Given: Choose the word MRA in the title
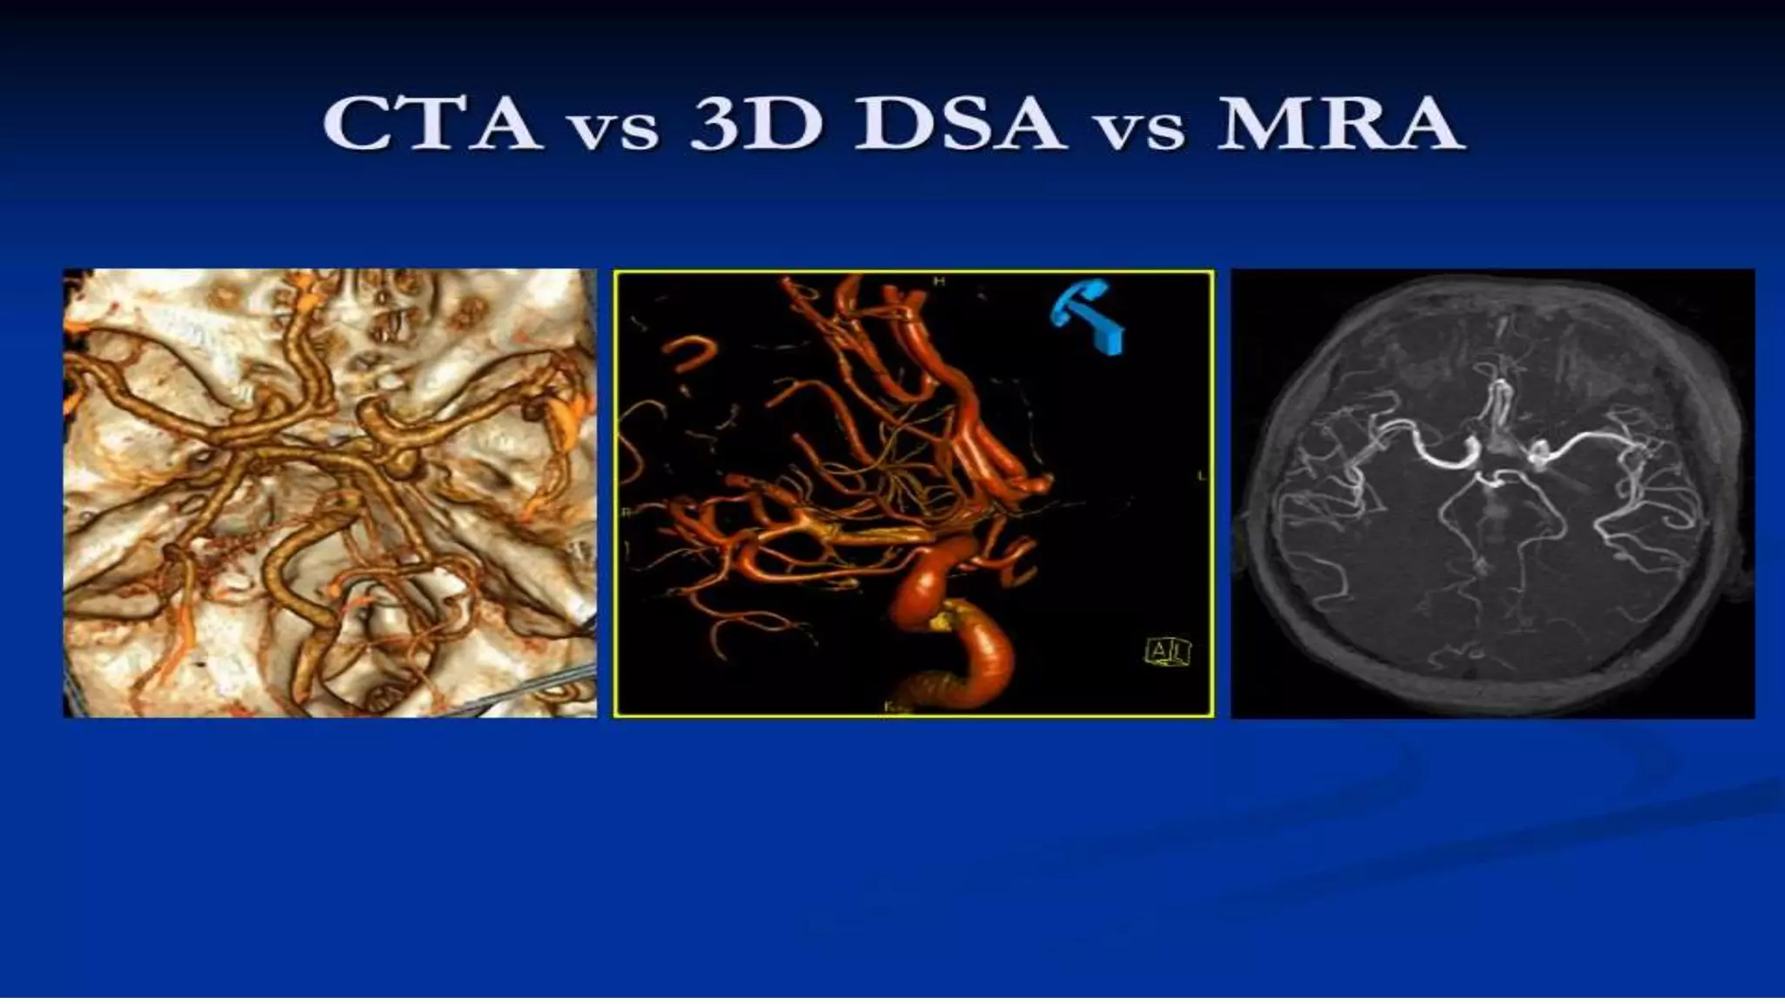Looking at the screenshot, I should (1339, 125).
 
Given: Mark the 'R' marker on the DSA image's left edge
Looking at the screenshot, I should (624, 512).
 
